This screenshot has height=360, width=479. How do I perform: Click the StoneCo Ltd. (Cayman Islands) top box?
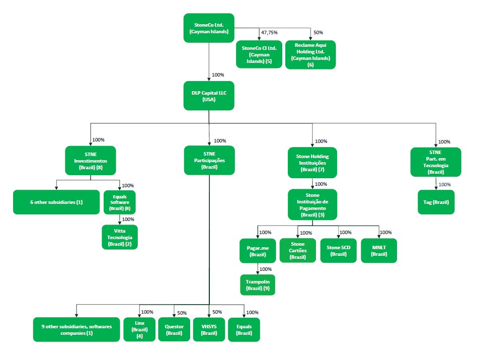tap(209, 28)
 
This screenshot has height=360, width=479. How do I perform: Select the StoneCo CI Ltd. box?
tap(259, 54)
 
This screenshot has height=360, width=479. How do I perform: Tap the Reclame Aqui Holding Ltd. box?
tap(310, 54)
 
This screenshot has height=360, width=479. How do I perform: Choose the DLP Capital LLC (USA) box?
tap(209, 96)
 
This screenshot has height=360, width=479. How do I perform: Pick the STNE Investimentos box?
tap(91, 160)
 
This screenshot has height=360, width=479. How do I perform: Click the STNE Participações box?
tap(209, 160)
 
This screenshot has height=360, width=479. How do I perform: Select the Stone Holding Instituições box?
tap(312, 163)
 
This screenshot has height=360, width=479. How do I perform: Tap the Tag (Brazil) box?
tap(436, 202)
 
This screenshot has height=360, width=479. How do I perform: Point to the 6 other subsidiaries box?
tap(56, 202)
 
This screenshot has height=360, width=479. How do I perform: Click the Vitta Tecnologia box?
tap(119, 237)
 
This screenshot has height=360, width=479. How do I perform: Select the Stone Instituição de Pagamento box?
tap(312, 204)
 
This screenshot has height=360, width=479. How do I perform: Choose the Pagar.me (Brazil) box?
tap(257, 251)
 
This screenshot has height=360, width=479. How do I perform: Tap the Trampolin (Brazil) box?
tap(258, 284)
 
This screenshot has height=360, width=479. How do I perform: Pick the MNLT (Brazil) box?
tap(379, 251)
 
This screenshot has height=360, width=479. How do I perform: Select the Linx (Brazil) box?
tap(139, 330)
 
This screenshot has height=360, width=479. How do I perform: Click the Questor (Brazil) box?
tap(174, 330)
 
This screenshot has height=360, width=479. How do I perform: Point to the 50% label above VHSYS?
tap(217, 312)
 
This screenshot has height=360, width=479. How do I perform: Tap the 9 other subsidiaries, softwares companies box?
tap(76, 330)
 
